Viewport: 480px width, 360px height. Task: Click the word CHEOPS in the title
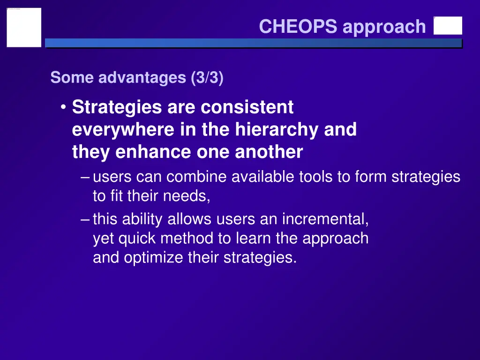point(298,27)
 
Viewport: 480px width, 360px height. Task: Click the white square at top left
point(24,28)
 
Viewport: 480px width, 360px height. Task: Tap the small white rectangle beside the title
point(448,26)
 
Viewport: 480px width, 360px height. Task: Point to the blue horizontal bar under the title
point(253,43)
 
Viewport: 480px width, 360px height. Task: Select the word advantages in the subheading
point(142,77)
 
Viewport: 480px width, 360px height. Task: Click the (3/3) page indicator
point(207,77)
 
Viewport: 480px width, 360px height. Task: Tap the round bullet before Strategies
point(63,108)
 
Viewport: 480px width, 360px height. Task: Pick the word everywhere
point(123,130)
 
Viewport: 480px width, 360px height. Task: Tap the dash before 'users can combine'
point(85,177)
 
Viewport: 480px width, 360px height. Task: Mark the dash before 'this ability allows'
point(85,219)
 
